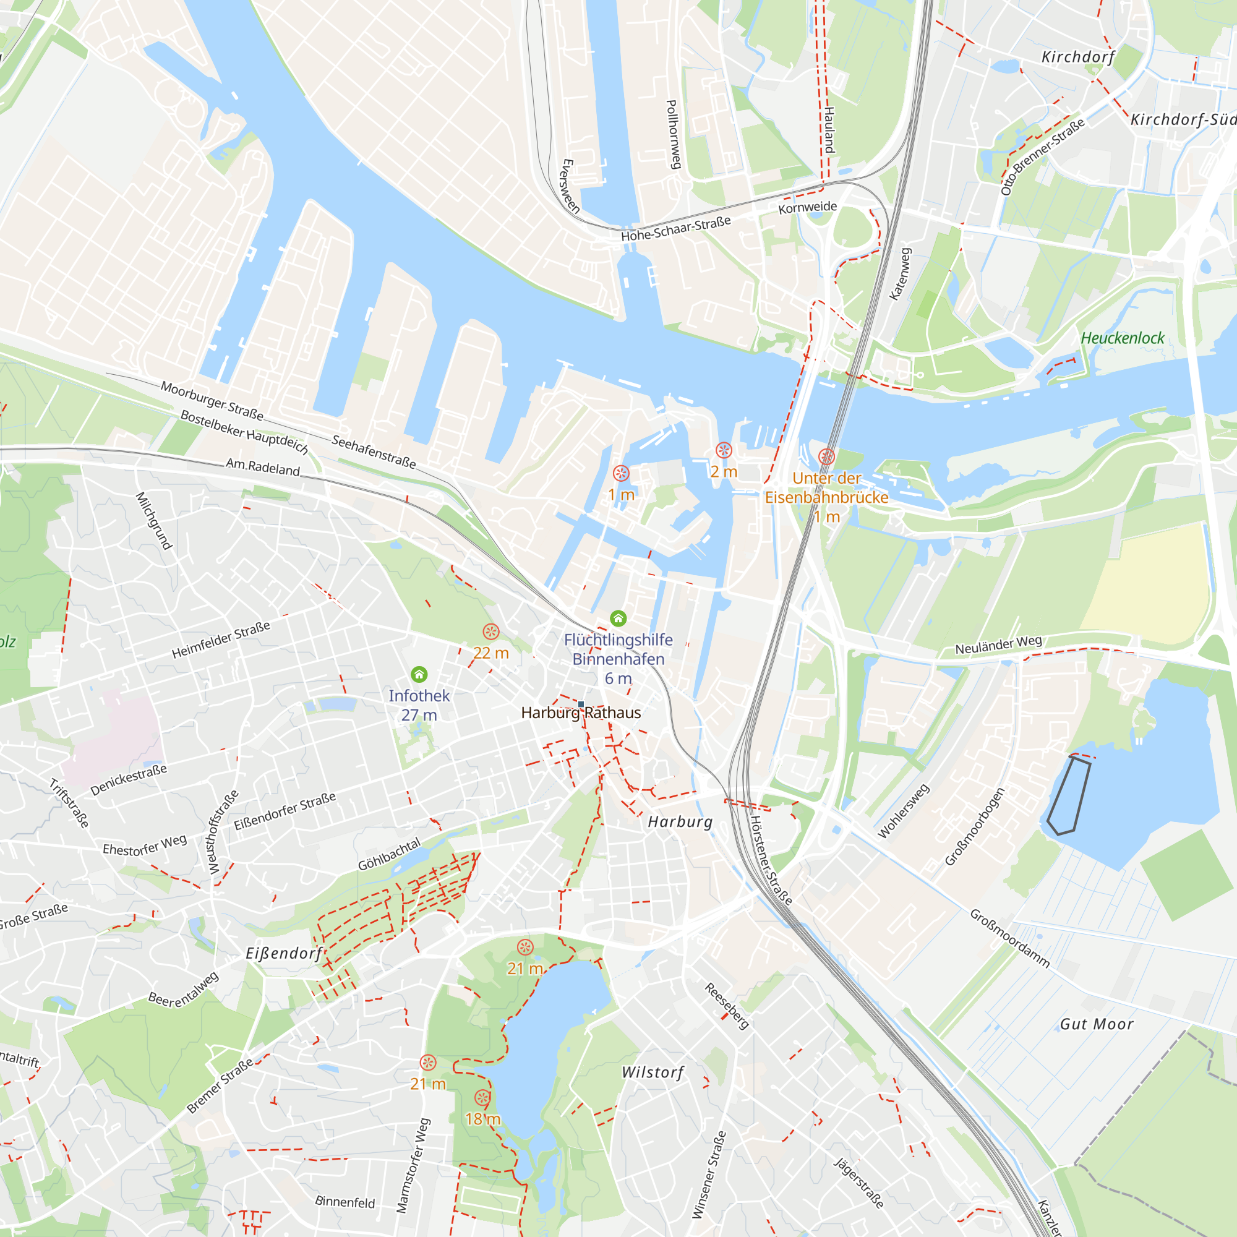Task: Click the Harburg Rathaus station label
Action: pos(581,713)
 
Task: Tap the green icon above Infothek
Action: pos(419,674)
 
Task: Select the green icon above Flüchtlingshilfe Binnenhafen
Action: pos(618,618)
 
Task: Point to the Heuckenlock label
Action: pos(1123,338)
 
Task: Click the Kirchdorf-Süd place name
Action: pos(1183,120)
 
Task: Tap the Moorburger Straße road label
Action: pos(212,400)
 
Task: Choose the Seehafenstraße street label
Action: pos(374,452)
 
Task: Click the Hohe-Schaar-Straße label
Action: pos(675,229)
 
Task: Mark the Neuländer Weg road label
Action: pos(998,644)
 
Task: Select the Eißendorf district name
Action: pos(285,953)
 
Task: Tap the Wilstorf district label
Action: pos(653,1072)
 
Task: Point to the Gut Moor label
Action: pos(1097,1024)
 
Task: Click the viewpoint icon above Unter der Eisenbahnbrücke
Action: pos(826,456)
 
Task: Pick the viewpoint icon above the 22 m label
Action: pos(491,632)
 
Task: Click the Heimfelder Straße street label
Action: pos(221,640)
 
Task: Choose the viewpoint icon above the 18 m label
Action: pos(483,1098)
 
